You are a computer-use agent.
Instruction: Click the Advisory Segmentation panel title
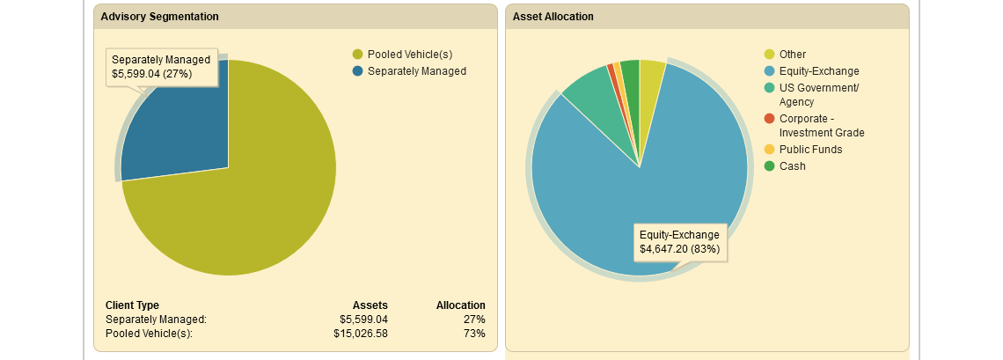[x=159, y=17]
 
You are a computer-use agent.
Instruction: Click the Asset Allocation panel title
[x=553, y=17]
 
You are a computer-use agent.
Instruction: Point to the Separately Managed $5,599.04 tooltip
[x=162, y=67]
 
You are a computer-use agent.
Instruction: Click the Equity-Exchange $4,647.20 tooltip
[x=680, y=242]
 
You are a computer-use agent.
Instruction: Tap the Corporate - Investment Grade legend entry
[x=814, y=126]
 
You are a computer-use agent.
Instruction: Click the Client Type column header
[x=132, y=305]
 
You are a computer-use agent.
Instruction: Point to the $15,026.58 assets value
[x=361, y=334]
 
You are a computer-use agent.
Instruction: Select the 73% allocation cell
[x=474, y=334]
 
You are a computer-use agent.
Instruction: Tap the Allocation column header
[x=460, y=305]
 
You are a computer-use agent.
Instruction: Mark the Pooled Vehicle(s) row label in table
[x=149, y=334]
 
